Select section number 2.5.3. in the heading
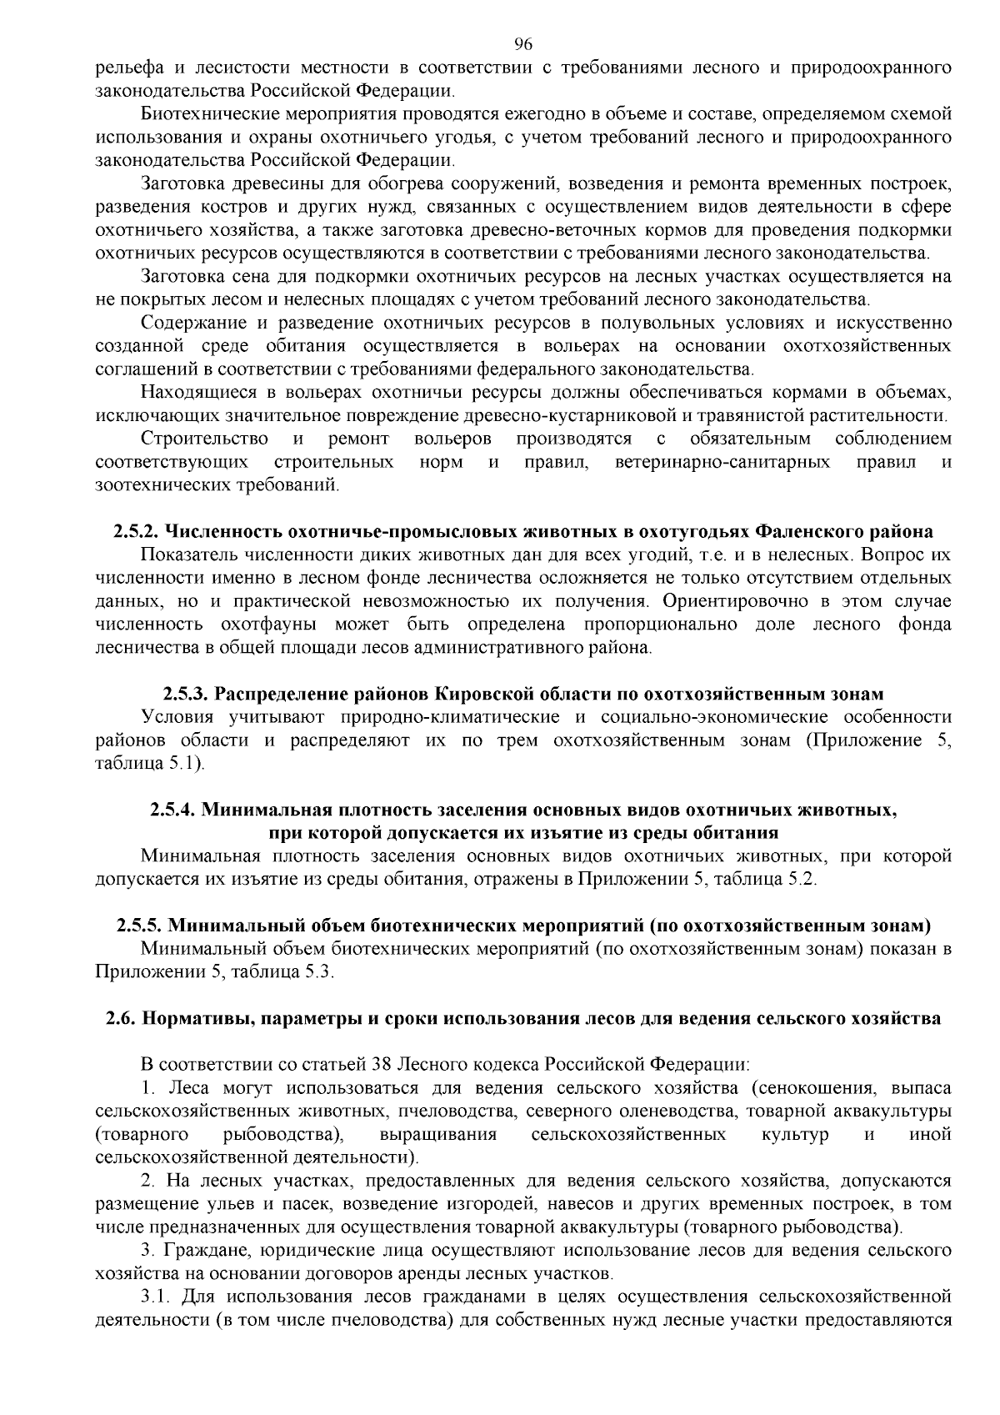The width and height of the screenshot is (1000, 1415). [x=187, y=694]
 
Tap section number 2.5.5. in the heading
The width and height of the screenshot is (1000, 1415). [x=140, y=926]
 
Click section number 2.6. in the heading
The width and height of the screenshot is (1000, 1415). [x=121, y=1018]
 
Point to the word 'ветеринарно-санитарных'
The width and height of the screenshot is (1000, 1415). [x=722, y=462]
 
